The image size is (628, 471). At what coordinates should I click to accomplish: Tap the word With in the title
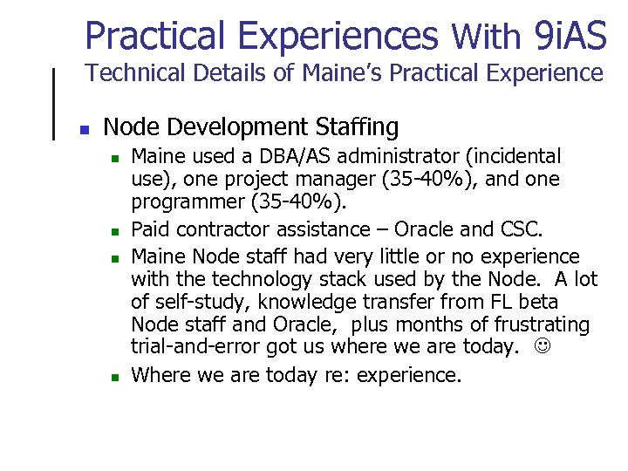click(x=486, y=38)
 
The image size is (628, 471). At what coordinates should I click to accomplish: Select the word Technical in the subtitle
click(x=128, y=73)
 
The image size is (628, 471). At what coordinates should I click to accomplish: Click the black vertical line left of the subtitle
click(x=56, y=102)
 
